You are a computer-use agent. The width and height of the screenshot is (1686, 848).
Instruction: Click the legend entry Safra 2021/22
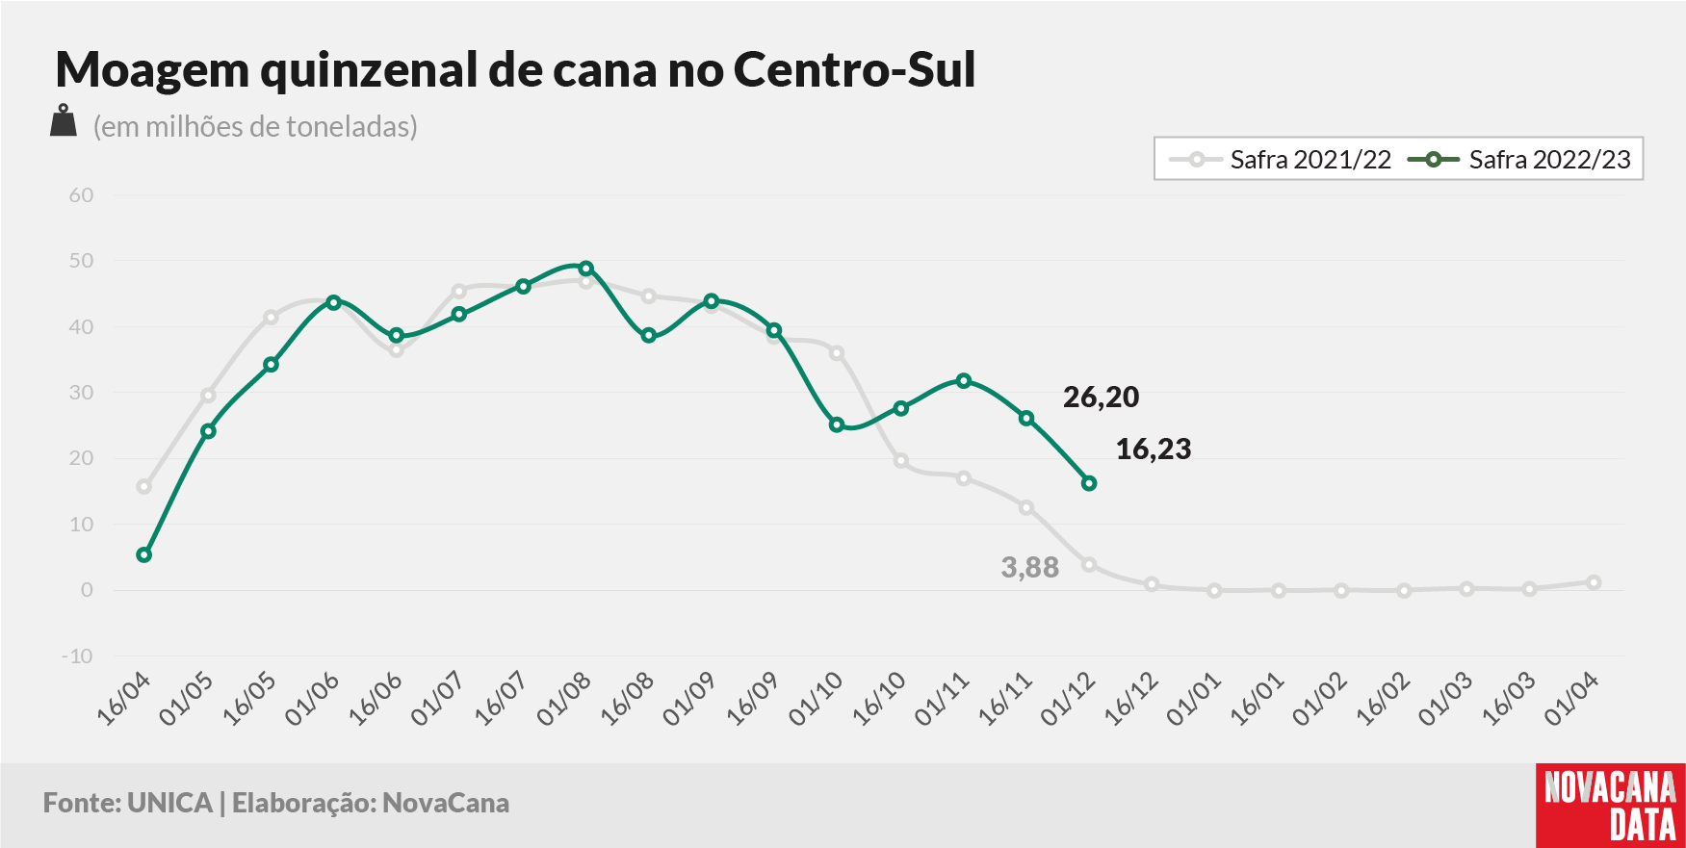pyautogui.click(x=1281, y=159)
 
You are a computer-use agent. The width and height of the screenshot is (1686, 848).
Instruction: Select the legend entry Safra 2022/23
pyautogui.click(x=1519, y=159)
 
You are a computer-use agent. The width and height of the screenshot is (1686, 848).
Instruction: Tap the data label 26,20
pyautogui.click(x=1101, y=397)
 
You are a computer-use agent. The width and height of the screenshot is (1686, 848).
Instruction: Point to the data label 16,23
pyautogui.click(x=1154, y=449)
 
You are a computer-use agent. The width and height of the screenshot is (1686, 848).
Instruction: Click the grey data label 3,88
pyautogui.click(x=1030, y=568)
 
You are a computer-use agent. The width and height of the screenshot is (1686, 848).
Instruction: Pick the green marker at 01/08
pyautogui.click(x=585, y=269)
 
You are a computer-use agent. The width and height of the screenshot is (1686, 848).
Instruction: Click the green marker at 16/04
pyautogui.click(x=144, y=555)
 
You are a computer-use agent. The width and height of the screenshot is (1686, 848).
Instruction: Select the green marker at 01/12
pyautogui.click(x=1089, y=483)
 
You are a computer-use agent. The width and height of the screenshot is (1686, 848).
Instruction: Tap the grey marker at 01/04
pyautogui.click(x=1594, y=582)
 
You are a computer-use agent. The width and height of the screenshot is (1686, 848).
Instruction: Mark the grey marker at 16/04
pyautogui.click(x=144, y=487)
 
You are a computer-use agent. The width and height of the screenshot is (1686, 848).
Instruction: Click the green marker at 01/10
pyautogui.click(x=837, y=424)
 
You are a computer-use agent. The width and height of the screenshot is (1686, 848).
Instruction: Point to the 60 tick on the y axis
pyautogui.click(x=81, y=195)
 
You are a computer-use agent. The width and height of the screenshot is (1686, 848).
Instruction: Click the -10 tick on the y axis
pyautogui.click(x=77, y=656)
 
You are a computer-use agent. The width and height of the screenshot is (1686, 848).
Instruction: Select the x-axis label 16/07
pyautogui.click(x=502, y=699)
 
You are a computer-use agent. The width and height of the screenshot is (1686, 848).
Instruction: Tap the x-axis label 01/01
pyautogui.click(x=1194, y=699)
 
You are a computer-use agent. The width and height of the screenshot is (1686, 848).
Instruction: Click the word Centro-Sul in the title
pyautogui.click(x=855, y=69)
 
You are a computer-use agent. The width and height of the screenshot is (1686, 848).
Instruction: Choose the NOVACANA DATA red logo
pyautogui.click(x=1610, y=806)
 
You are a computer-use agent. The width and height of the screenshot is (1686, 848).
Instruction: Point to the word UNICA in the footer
pyautogui.click(x=169, y=803)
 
